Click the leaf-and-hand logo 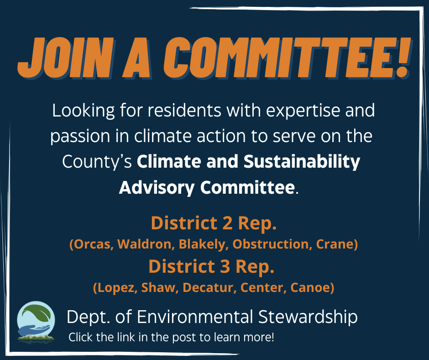(x=36, y=321)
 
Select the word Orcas (x=91, y=244)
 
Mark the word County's (x=97, y=162)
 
